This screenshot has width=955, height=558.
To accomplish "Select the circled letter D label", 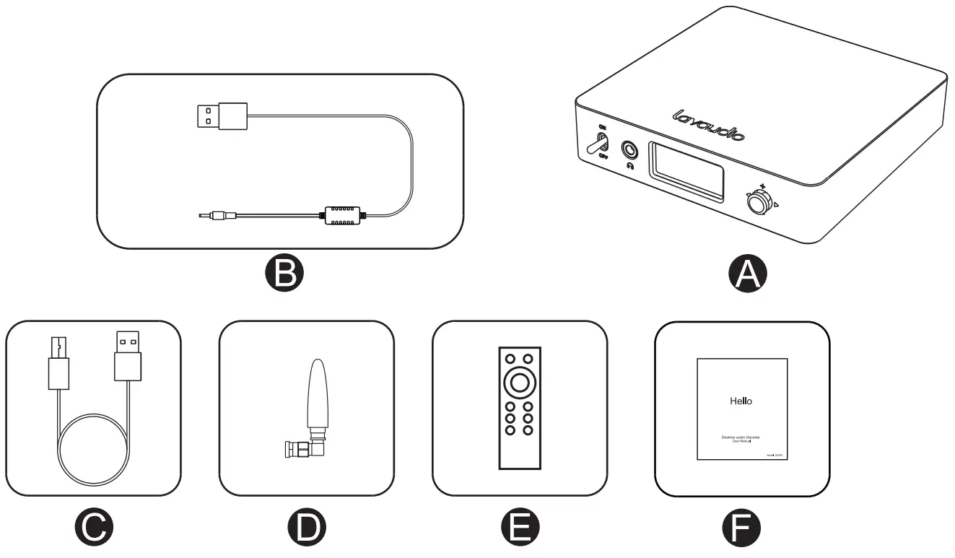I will point(307,528).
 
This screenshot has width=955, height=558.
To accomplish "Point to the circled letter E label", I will point(520,528).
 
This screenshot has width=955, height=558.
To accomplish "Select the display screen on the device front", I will point(686,170).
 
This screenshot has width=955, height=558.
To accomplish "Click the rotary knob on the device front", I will point(758,203).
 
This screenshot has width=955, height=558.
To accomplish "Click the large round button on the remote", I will point(519,382).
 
